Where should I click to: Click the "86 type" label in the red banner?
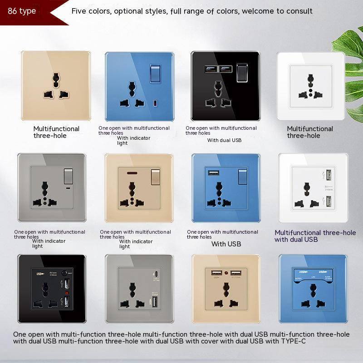coord(22,11)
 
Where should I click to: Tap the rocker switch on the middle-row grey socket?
coord(68,174)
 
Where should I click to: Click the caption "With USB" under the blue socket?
coord(226,244)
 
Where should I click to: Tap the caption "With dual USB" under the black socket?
coord(224,140)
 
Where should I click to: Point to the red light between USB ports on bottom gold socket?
coord(225,273)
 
